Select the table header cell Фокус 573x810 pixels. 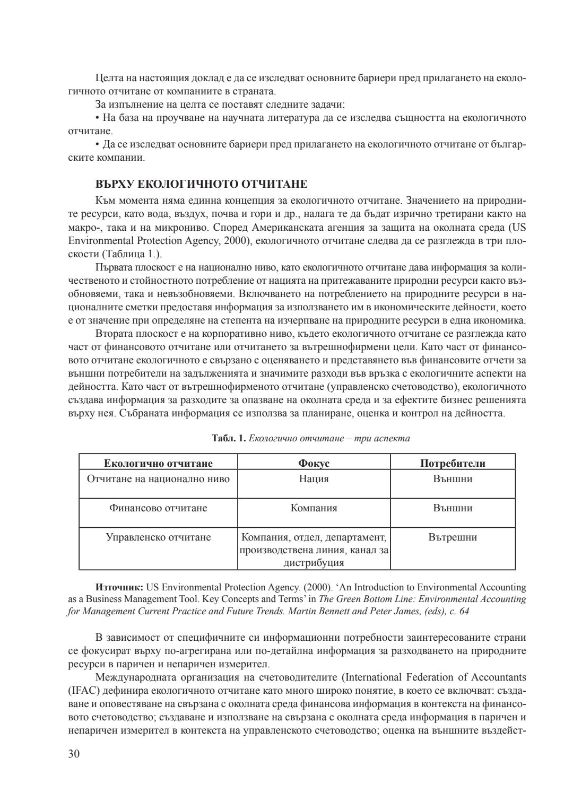point(314,463)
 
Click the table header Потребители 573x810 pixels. point(453,463)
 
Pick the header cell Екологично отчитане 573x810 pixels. point(158,463)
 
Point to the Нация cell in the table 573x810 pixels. point(314,479)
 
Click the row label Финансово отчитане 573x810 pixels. point(158,508)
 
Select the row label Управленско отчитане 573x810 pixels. point(158,537)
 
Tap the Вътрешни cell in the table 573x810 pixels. point(453,537)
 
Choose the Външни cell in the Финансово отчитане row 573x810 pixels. point(453,508)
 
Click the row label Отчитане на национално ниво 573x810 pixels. point(158,479)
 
